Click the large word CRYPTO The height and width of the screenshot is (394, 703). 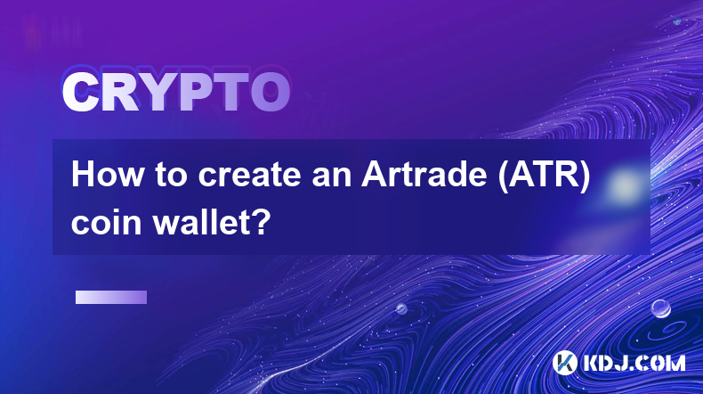tap(176, 93)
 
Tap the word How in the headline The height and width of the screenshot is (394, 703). tap(108, 175)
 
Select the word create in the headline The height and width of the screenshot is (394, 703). tap(249, 175)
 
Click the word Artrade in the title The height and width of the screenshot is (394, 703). tap(424, 175)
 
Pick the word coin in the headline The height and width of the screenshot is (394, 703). tap(107, 222)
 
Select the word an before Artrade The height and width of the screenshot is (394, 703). tap(332, 177)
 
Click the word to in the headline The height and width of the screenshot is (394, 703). tap(171, 176)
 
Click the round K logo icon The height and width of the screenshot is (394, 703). tap(564, 363)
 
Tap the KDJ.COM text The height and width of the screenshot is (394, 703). tap(634, 363)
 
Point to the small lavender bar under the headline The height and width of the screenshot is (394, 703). tap(111, 298)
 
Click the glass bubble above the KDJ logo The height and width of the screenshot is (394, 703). tap(660, 308)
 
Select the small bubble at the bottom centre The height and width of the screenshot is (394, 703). tap(401, 308)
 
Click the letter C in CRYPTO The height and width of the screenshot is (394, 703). tap(79, 93)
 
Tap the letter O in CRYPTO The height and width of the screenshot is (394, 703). tap(270, 93)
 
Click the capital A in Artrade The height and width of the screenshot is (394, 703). tap(375, 175)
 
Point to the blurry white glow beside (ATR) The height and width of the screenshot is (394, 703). tap(625, 185)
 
